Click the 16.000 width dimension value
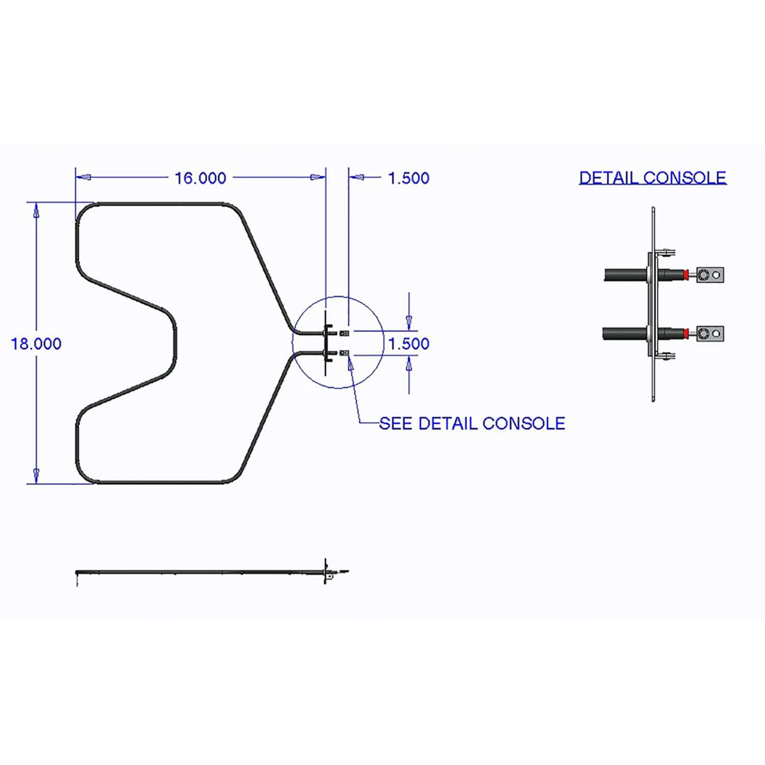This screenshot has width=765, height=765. (200, 178)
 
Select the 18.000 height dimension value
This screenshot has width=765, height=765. (36, 344)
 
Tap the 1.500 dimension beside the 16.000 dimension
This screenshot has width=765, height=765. (409, 178)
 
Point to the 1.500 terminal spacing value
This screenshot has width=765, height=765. (409, 344)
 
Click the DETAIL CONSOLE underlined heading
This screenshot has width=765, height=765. (653, 177)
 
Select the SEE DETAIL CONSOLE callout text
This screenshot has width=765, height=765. (472, 423)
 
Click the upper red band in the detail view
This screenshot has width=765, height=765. (686, 275)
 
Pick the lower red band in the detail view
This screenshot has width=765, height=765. (686, 334)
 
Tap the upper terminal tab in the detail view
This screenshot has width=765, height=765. (710, 275)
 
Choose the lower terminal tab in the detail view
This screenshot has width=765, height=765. (710, 334)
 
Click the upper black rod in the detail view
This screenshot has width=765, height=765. (626, 275)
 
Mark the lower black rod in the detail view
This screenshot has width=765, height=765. (625, 334)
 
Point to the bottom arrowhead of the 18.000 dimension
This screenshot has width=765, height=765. (36, 476)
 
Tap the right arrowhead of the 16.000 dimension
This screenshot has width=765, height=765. (318, 177)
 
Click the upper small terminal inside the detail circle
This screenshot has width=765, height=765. (344, 334)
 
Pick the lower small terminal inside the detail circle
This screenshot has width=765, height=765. (344, 353)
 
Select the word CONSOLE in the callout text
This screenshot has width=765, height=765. (524, 423)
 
